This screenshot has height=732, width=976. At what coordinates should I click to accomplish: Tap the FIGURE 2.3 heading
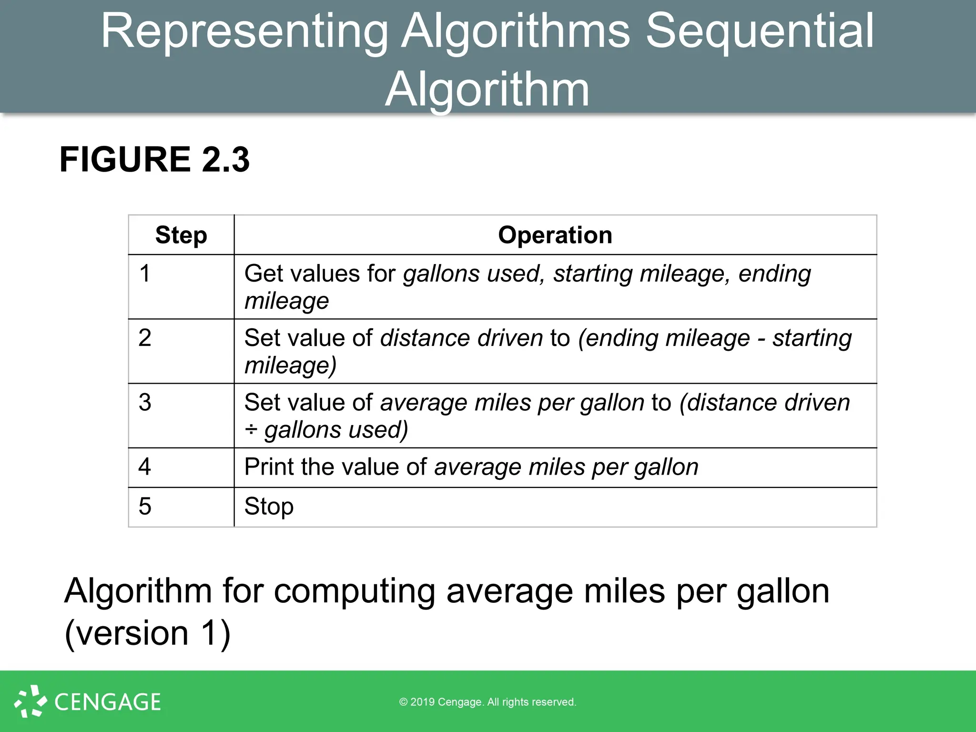[154, 160]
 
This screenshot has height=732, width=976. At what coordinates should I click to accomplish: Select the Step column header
[181, 235]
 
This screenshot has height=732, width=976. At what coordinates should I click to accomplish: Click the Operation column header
[555, 235]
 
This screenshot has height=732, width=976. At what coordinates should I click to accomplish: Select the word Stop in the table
[269, 507]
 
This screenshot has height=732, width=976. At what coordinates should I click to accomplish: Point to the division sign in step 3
[251, 430]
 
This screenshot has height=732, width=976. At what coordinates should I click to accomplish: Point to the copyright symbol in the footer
[403, 702]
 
